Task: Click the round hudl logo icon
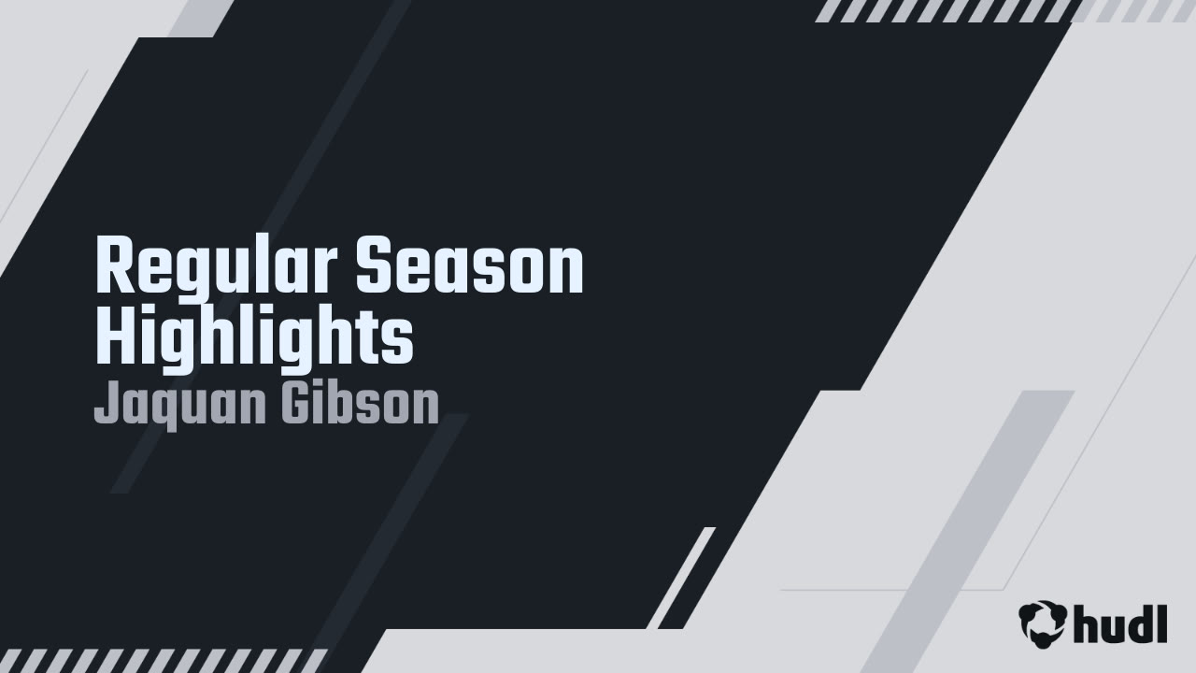click(x=1043, y=623)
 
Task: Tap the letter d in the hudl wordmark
click(x=1133, y=623)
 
